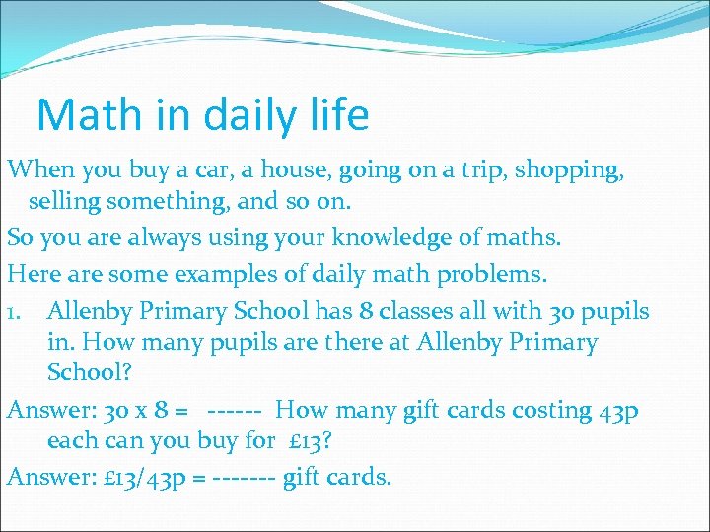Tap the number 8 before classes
(x=368, y=312)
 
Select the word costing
(x=549, y=409)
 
